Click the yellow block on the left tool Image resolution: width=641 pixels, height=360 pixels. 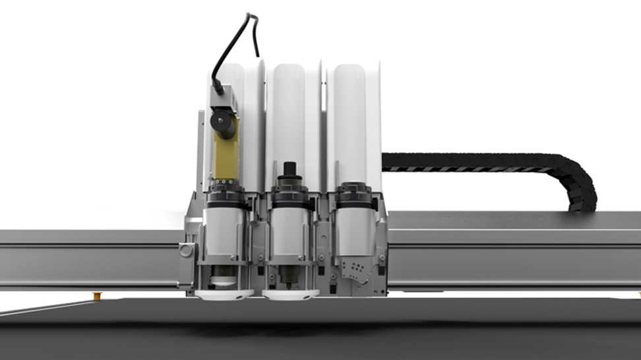pyautogui.click(x=224, y=158)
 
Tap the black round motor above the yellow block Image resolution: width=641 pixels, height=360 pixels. pyautogui.click(x=222, y=123)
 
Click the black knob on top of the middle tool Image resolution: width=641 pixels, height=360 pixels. pyautogui.click(x=289, y=173)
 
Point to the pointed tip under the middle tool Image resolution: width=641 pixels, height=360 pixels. pyautogui.click(x=289, y=285)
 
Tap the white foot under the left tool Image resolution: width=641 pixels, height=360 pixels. pyautogui.click(x=224, y=295)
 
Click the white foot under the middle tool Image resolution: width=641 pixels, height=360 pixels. pyautogui.click(x=290, y=295)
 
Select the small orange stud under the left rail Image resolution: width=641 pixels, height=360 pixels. pyautogui.click(x=97, y=295)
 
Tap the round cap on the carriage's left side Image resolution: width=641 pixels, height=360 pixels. pyautogui.click(x=185, y=251)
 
